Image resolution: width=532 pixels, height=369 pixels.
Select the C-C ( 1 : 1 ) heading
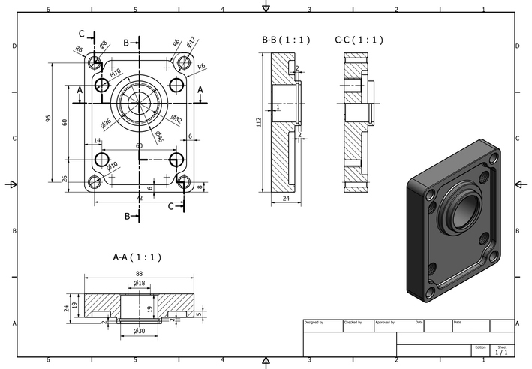(x=359, y=40)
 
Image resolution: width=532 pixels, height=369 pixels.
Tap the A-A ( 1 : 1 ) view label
(x=137, y=257)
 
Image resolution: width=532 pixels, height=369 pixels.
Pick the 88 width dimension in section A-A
(x=139, y=274)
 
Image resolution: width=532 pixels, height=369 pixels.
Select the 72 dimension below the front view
(x=139, y=197)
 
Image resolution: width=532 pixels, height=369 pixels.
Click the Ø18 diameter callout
(x=139, y=283)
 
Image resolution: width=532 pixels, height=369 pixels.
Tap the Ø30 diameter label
(x=139, y=331)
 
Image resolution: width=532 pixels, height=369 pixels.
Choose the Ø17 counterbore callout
(x=191, y=40)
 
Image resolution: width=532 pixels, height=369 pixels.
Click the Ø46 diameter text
(x=159, y=136)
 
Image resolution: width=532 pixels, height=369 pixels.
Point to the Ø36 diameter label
(x=106, y=123)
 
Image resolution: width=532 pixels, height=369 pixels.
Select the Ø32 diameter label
(x=176, y=119)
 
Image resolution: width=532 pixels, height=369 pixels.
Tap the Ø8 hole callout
(x=103, y=44)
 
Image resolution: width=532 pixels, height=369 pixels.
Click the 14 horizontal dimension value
(x=97, y=141)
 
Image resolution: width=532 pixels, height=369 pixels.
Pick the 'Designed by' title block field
(x=314, y=322)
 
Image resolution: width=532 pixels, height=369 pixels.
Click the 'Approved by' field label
(x=385, y=322)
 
